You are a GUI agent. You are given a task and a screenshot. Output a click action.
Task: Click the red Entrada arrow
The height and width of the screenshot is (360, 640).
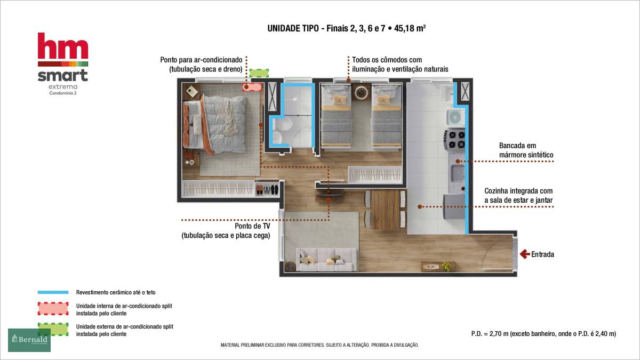pyautogui.click(x=525, y=254)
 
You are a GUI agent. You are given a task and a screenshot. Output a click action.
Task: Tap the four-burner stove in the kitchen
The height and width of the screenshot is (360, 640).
pyautogui.click(x=454, y=139)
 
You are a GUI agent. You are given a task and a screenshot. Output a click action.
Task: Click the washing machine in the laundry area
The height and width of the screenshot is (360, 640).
pyautogui.click(x=455, y=117)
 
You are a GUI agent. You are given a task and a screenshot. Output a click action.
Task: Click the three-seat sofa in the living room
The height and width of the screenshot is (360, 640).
pyautogui.click(x=326, y=259)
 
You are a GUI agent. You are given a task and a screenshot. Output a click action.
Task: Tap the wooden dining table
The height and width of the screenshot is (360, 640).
pyautogui.click(x=385, y=209)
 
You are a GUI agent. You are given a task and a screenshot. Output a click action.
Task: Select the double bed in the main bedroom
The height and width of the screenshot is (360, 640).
pyautogui.click(x=215, y=124)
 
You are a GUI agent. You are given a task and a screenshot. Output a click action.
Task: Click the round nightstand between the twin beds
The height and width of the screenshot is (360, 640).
pyautogui.click(x=361, y=92)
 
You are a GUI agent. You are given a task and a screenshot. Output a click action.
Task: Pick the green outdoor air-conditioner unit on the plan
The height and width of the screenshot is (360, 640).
pyautogui.click(x=259, y=73)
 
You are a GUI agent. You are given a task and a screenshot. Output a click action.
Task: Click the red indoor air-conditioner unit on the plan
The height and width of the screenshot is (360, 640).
pyautogui.click(x=252, y=87)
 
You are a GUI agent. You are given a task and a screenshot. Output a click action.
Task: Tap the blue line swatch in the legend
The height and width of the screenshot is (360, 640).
pyautogui.click(x=53, y=292)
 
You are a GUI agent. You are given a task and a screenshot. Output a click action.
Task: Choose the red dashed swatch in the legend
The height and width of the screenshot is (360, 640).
pyautogui.click(x=53, y=309)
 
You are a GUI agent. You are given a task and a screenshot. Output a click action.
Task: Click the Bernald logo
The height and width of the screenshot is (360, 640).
pyautogui.click(x=29, y=340)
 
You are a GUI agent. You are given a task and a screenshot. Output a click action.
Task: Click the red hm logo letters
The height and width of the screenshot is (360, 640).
pyautogui.click(x=63, y=46)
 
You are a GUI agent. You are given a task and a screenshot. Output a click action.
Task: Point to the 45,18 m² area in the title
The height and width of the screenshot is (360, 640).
pyautogui.click(x=410, y=28)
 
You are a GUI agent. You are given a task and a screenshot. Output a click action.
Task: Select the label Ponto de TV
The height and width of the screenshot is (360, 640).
pyautogui.click(x=252, y=226)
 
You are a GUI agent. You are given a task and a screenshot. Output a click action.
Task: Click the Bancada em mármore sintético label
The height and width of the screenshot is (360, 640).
pyautogui.click(x=526, y=150)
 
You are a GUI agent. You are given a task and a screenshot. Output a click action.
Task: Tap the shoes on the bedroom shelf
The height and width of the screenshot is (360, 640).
pyautogui.click(x=267, y=189)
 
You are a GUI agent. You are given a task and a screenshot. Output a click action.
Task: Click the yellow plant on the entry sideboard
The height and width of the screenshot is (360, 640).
pyautogui.click(x=446, y=266)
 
